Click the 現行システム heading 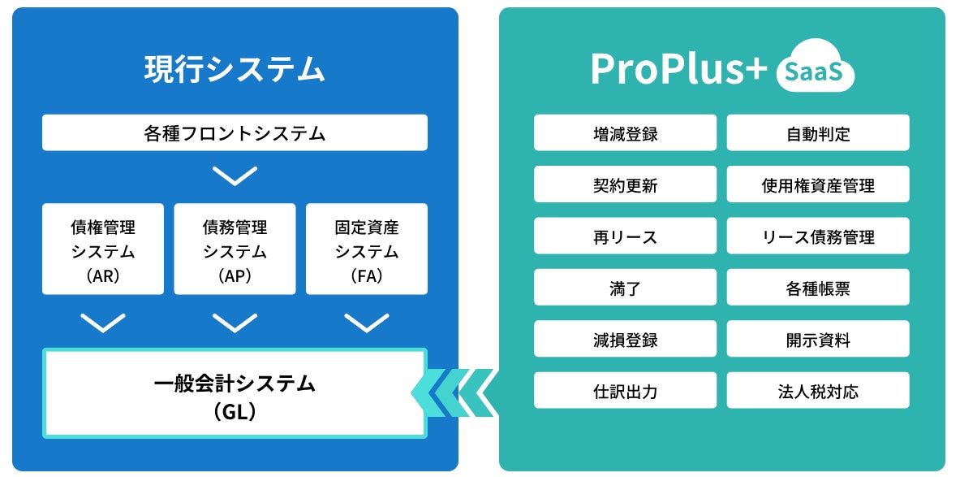pyautogui.click(x=235, y=69)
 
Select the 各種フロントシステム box pyautogui.click(x=235, y=132)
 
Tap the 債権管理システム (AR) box pyautogui.click(x=103, y=249)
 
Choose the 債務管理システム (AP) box pyautogui.click(x=235, y=249)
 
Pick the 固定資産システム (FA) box pyautogui.click(x=367, y=249)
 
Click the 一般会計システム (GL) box pyautogui.click(x=235, y=393)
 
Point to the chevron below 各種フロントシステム pyautogui.click(x=235, y=176)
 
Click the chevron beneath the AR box pyautogui.click(x=103, y=323)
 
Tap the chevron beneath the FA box pyautogui.click(x=367, y=323)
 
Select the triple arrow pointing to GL pyautogui.click(x=454, y=393)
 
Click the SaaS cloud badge pyautogui.click(x=816, y=72)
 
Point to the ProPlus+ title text pyautogui.click(x=678, y=70)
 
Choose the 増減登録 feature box pyautogui.click(x=625, y=132)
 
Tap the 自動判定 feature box pyautogui.click(x=818, y=132)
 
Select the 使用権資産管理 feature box pyautogui.click(x=818, y=184)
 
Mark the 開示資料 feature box pyautogui.click(x=818, y=339)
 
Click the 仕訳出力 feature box pyautogui.click(x=625, y=390)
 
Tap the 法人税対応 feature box pyautogui.click(x=818, y=390)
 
